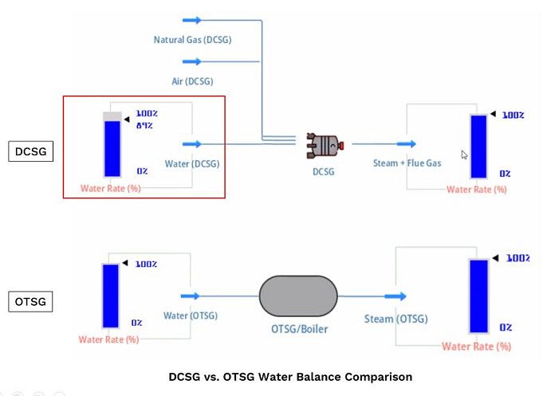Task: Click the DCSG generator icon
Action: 325,145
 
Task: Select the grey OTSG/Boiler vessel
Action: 298,296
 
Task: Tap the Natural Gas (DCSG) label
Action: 192,40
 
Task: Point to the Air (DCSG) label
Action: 192,81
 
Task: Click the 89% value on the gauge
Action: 144,126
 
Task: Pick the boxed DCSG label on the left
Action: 31,151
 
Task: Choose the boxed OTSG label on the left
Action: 30,302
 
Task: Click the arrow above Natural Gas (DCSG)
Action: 192,20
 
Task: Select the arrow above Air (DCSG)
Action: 192,61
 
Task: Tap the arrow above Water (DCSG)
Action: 192,144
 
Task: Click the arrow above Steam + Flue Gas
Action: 407,144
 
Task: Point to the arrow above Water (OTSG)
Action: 190,296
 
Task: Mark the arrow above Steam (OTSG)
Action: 396,296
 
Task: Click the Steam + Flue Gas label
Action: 407,163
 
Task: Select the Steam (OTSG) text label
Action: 396,319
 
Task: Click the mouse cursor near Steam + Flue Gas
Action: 464,155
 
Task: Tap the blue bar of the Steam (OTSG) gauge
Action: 478,296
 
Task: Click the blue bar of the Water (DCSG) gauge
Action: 112,148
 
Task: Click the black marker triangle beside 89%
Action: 127,120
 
